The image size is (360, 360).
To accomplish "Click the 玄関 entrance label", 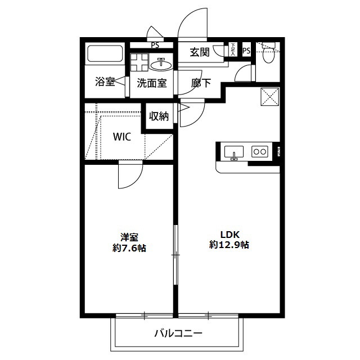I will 200,52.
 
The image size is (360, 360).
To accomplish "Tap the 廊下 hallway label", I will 201,83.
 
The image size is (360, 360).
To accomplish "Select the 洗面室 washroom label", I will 152,83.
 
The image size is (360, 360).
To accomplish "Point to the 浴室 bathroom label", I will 105,82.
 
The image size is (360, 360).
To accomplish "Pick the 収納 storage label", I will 159,116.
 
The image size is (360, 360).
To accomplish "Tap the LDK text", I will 229,234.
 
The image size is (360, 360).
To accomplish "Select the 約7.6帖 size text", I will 129,248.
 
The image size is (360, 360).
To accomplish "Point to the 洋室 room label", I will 129,237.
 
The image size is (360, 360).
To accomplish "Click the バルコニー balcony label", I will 178,333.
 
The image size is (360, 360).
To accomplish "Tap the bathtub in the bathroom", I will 105,55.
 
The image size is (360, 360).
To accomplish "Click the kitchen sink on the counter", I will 233,151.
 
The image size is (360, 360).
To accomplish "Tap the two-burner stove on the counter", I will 259,151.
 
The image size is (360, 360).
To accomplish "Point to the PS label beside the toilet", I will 246,51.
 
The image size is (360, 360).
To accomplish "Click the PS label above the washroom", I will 154,46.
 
